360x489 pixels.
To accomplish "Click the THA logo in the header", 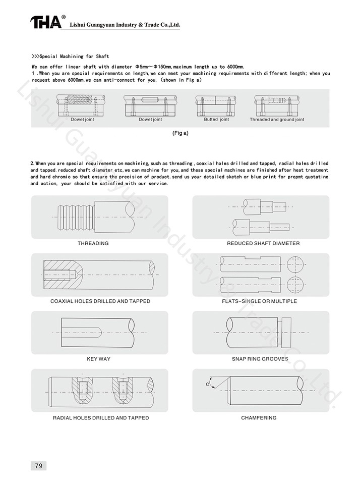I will [x=45, y=22].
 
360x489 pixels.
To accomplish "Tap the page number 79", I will [x=38, y=465].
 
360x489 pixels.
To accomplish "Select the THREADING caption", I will [x=93, y=243].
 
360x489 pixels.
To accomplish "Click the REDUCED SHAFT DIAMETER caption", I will [x=263, y=243].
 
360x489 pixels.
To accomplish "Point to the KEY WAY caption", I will [x=98, y=359].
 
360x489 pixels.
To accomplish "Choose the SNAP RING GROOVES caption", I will [x=260, y=359].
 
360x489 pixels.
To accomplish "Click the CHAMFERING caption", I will [x=259, y=418].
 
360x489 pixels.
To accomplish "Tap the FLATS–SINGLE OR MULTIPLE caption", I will [x=260, y=301].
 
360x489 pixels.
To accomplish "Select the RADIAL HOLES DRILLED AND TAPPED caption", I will [x=101, y=418].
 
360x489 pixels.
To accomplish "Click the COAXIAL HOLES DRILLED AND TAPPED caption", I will [x=100, y=301].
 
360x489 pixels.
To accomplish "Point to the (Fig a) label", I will [x=181, y=135].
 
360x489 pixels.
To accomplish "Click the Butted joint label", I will [x=216, y=120].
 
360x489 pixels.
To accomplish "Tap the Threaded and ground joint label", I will [x=277, y=120].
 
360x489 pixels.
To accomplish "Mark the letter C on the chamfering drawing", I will [x=207, y=385].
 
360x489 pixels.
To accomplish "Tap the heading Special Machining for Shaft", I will [x=70, y=56].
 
